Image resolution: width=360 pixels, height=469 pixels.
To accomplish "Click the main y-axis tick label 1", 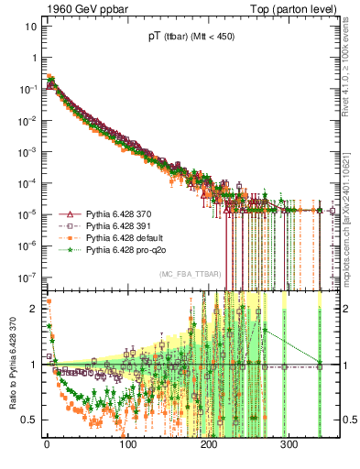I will click(x=33, y=57).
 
